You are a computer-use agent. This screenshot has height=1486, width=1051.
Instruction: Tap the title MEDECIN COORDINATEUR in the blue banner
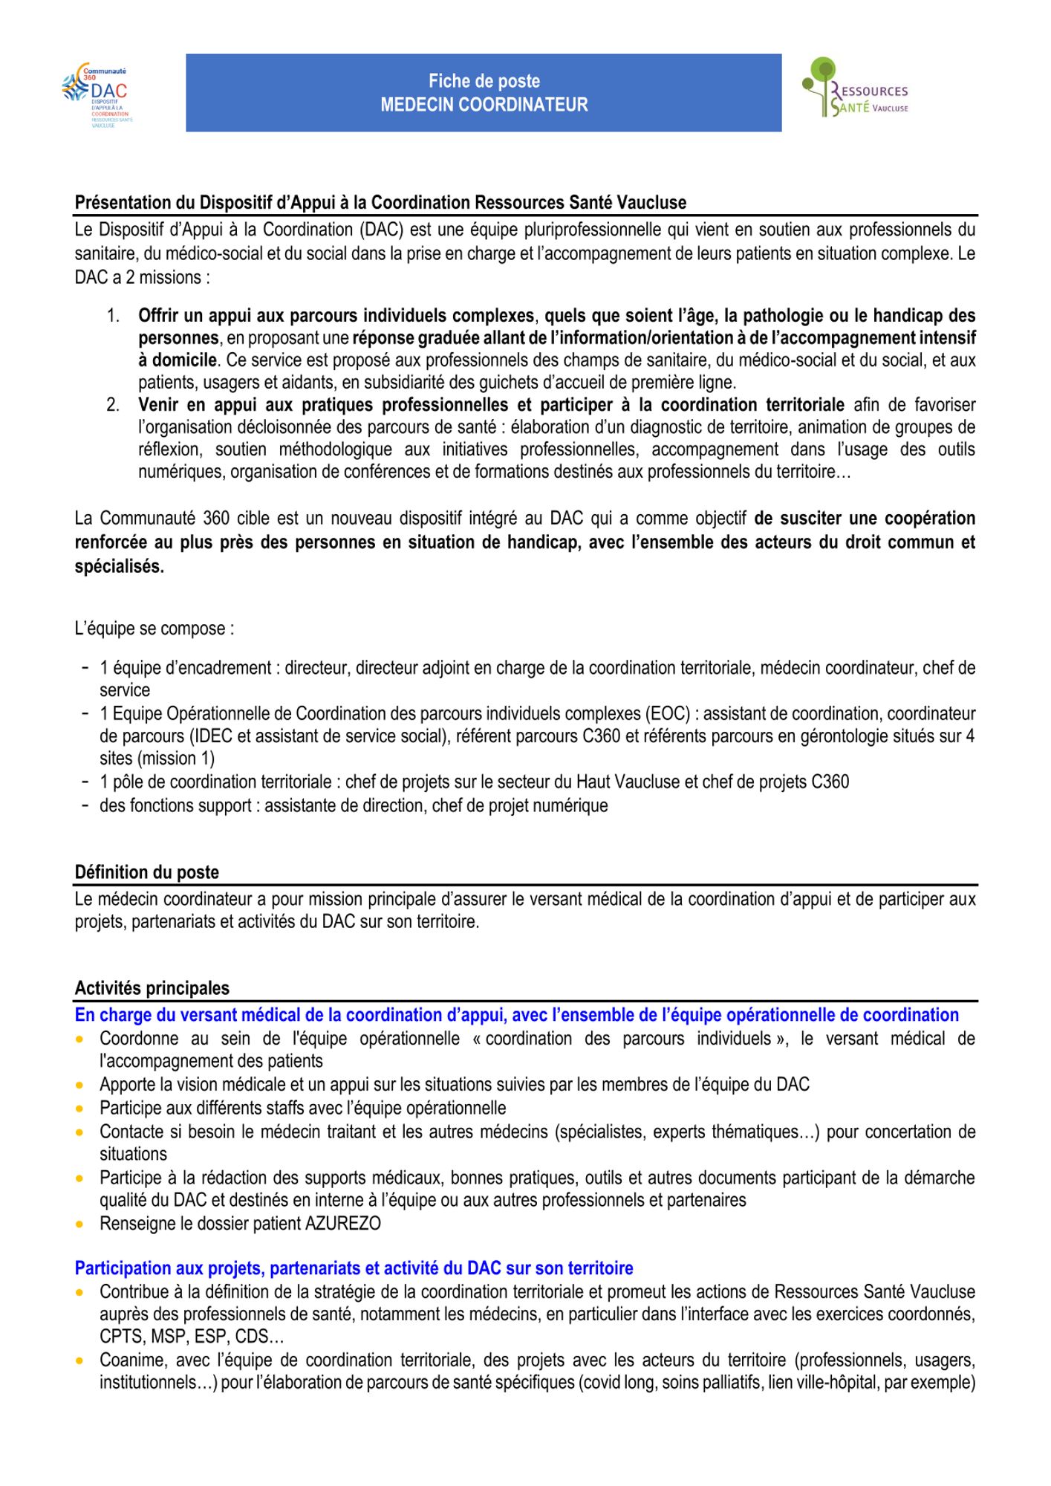[484, 105]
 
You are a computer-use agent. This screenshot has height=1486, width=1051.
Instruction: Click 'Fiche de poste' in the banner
[484, 81]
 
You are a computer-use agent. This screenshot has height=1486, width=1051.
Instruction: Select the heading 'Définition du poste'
[146, 872]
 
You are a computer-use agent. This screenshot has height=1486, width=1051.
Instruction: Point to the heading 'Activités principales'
[152, 988]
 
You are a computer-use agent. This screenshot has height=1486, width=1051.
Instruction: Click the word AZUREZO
[343, 1223]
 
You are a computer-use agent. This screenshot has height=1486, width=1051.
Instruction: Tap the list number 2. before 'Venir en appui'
[113, 405]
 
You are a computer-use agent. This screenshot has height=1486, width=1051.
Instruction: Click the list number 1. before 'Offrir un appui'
[113, 316]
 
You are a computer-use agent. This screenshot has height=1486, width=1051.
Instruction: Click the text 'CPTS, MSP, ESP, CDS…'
[192, 1336]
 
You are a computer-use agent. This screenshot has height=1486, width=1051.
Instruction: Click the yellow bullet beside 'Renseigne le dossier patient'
[79, 1224]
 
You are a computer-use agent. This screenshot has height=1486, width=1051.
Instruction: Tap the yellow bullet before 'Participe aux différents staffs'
[79, 1109]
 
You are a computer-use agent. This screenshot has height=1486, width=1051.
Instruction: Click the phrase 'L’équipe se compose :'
[154, 629]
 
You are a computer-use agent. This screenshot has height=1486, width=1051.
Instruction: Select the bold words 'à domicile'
[178, 360]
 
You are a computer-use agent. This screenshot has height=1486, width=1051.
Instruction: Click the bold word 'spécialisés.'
[119, 566]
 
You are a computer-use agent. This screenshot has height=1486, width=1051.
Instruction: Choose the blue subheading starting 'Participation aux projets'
[354, 1268]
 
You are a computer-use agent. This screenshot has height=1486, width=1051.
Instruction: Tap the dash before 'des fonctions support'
[86, 805]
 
